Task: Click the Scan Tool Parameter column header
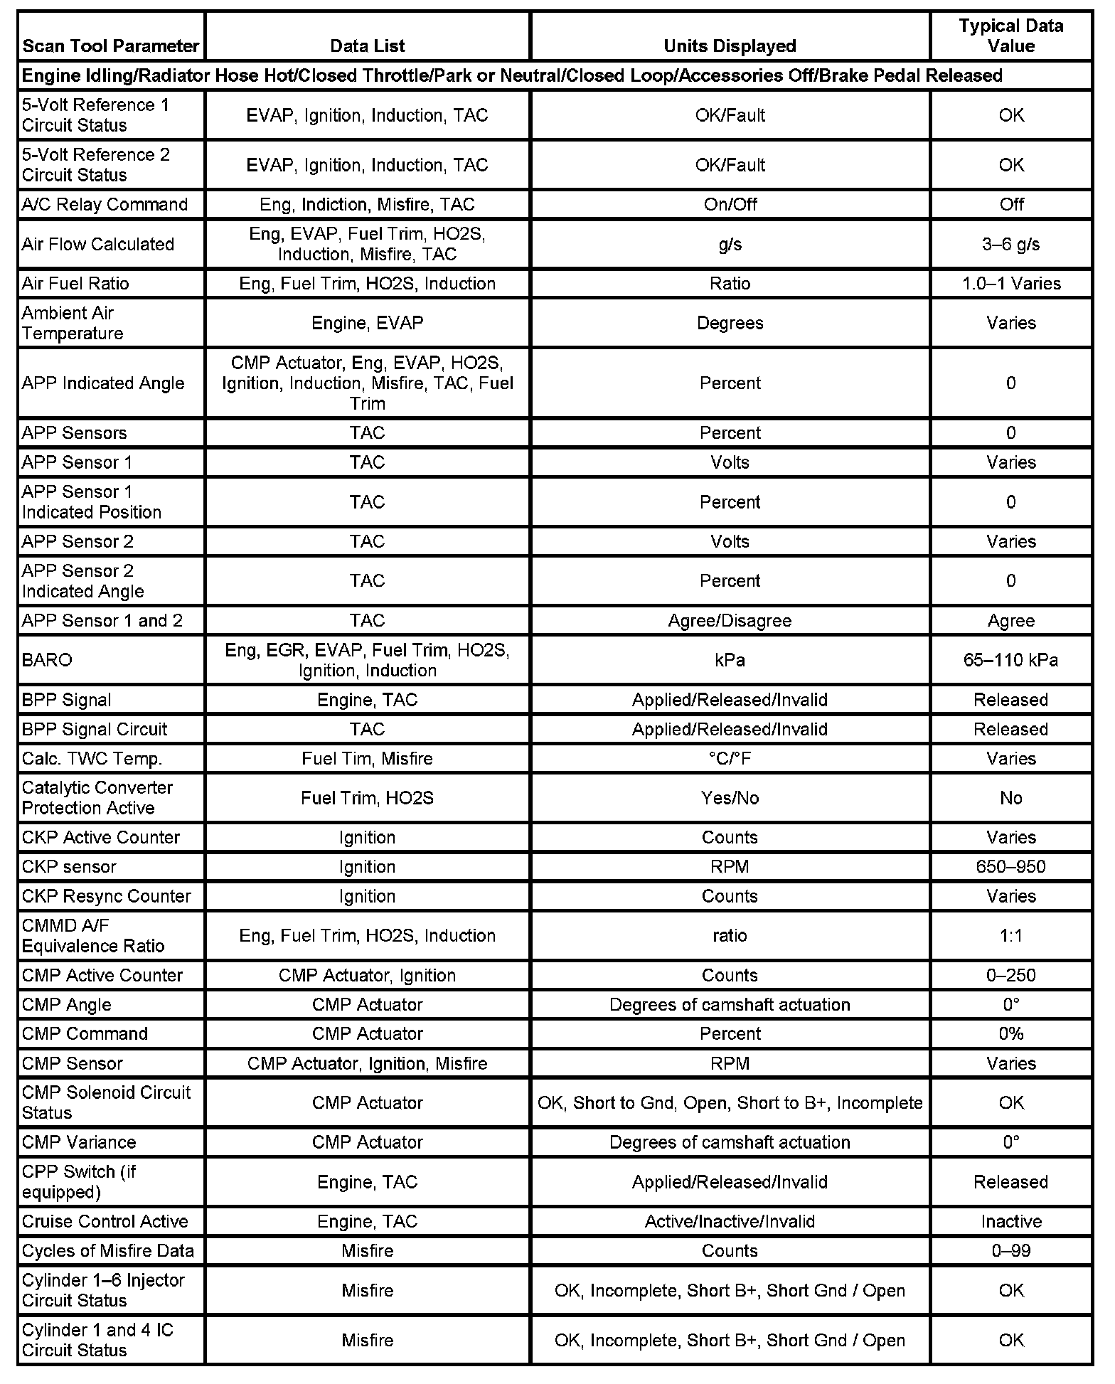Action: click(x=110, y=46)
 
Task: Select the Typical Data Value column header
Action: click(x=1010, y=36)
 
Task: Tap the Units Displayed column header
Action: click(x=730, y=46)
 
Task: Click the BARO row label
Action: click(x=47, y=660)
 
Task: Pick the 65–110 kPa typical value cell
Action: click(x=1010, y=660)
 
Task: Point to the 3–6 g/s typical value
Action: click(x=1010, y=245)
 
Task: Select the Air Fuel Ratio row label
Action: click(x=75, y=284)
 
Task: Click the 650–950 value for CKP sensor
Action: click(x=1010, y=867)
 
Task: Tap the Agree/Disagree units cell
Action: click(x=730, y=621)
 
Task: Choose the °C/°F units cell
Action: click(x=730, y=759)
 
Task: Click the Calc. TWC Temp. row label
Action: click(x=92, y=759)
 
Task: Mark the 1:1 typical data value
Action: click(x=1010, y=936)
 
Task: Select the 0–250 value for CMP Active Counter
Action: click(x=1010, y=976)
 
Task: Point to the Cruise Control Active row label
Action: click(x=105, y=1222)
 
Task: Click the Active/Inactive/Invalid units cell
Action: click(x=730, y=1222)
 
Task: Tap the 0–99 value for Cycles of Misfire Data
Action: click(x=1010, y=1251)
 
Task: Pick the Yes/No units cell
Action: click(x=730, y=798)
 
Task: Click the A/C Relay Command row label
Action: click(x=105, y=205)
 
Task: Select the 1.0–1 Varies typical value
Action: click(x=1010, y=284)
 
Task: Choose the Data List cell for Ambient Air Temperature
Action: click(x=367, y=324)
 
